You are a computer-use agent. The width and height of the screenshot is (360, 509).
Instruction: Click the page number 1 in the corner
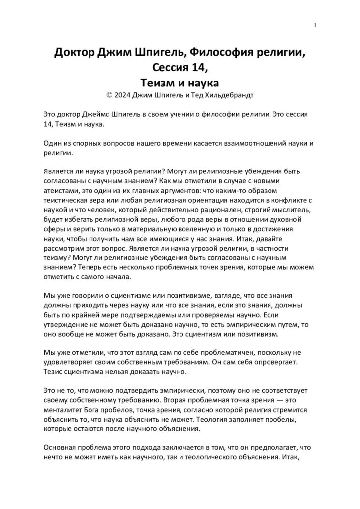tap(316, 26)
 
